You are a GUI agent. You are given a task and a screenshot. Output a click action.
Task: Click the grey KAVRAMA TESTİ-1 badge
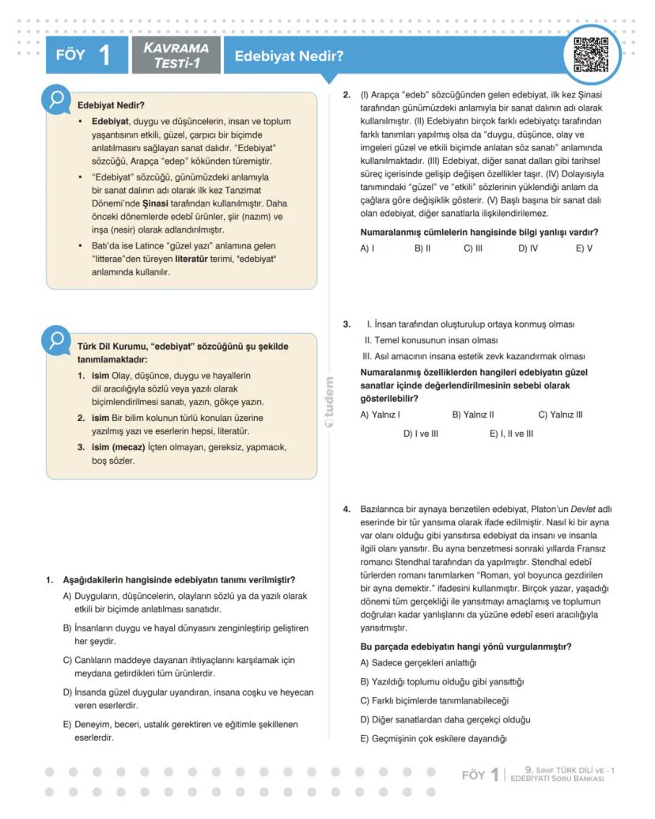(x=176, y=56)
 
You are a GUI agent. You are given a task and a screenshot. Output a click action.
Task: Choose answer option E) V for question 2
(x=584, y=248)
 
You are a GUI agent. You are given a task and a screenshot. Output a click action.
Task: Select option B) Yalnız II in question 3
(x=472, y=414)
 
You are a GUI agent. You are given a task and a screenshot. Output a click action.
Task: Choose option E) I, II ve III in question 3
(x=511, y=434)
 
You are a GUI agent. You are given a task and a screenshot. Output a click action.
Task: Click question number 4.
(x=346, y=509)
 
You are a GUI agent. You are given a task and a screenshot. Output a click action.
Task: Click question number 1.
(x=49, y=580)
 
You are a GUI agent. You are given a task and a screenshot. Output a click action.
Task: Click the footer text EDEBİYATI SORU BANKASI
(x=557, y=779)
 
